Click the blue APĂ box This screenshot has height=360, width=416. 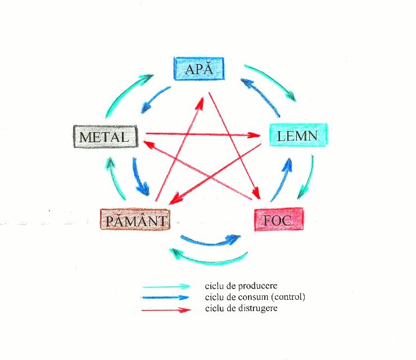(198, 69)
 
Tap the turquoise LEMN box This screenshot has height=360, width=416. (297, 135)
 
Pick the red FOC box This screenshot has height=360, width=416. (278, 219)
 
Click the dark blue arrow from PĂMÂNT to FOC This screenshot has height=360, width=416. (211, 241)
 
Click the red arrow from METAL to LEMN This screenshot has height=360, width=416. (202, 134)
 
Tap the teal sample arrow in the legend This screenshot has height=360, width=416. (167, 286)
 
